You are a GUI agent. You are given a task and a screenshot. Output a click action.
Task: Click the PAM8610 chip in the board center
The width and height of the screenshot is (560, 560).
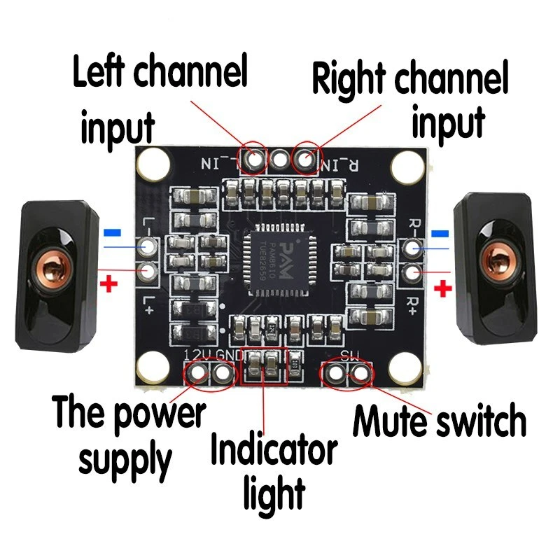275,258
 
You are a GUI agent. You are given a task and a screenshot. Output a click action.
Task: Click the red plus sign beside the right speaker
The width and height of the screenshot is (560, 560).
442,287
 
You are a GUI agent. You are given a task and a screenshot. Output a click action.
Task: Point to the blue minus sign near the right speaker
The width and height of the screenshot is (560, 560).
440,233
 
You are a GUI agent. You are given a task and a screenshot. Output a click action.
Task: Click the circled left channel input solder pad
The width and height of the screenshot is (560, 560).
253,160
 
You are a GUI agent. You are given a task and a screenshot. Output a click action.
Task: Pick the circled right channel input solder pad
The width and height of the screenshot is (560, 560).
305,159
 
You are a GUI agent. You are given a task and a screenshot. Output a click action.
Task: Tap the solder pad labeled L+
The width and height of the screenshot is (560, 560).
148,271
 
